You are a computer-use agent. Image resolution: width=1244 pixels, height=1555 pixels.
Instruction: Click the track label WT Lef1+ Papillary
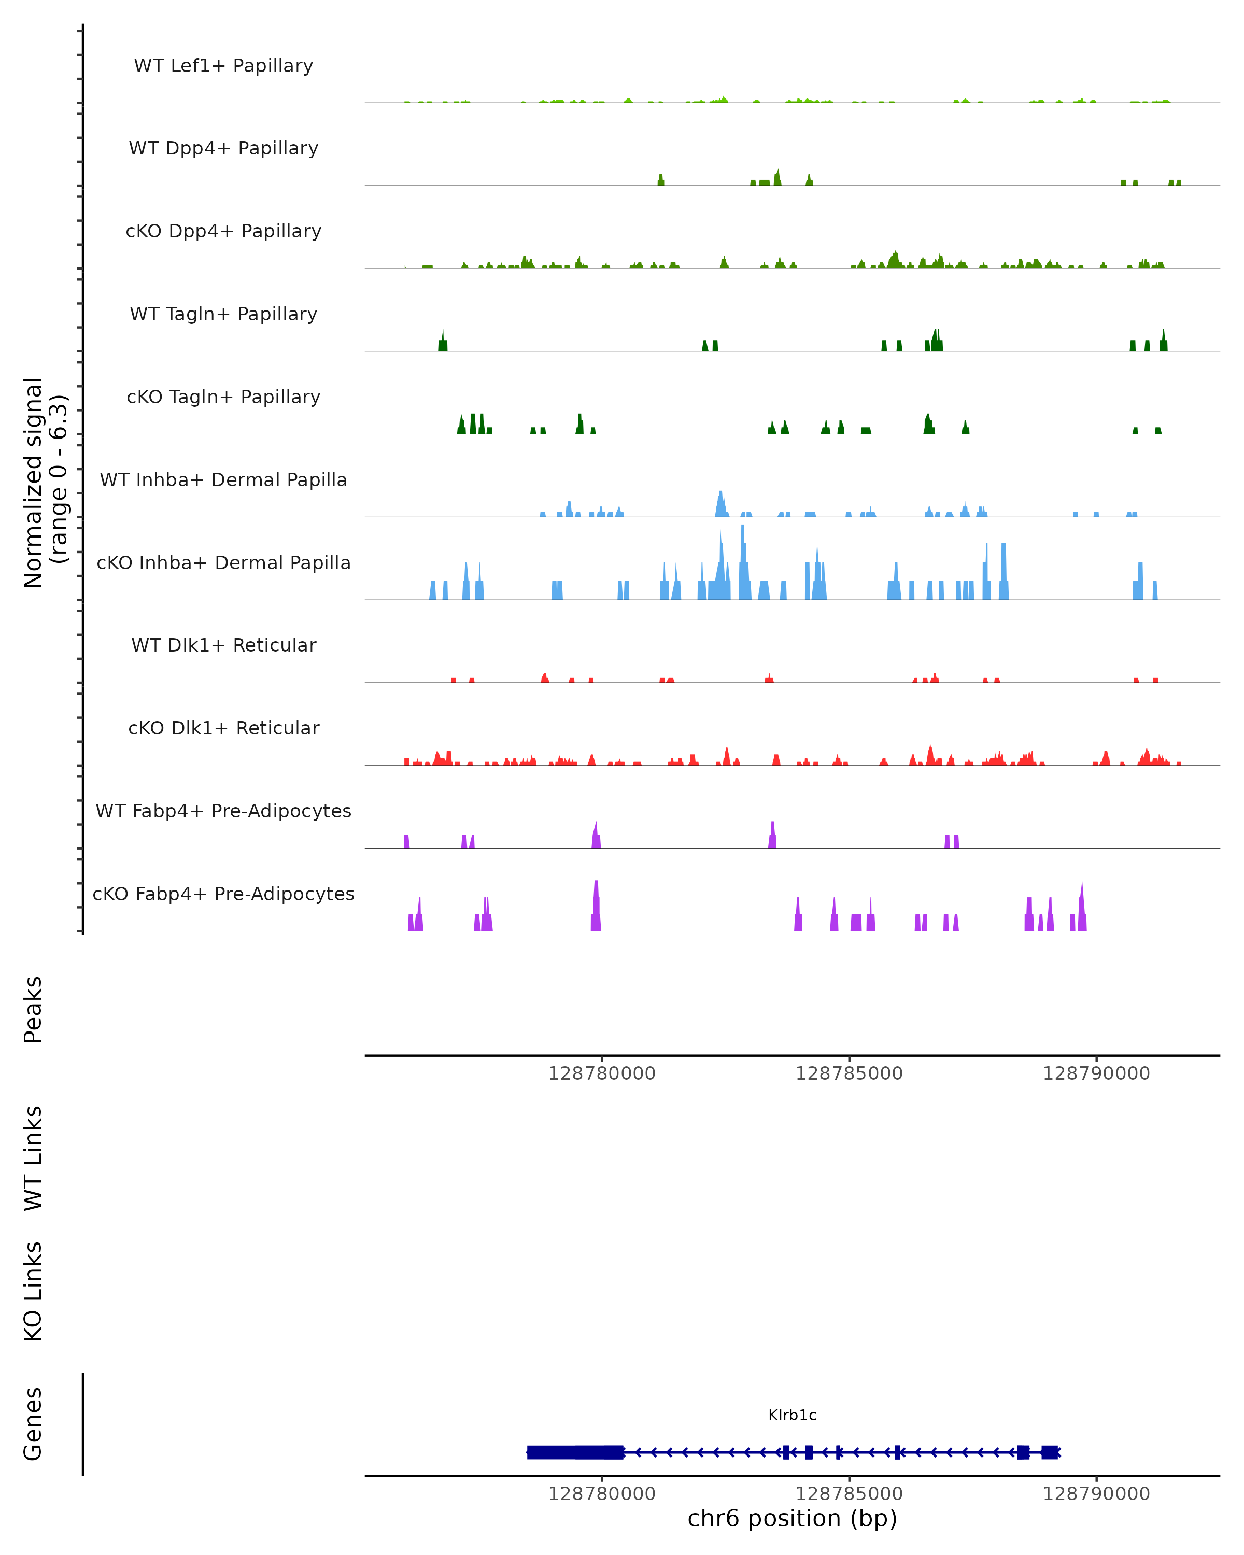[223, 66]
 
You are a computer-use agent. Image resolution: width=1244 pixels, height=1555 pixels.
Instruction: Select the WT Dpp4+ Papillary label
[223, 149]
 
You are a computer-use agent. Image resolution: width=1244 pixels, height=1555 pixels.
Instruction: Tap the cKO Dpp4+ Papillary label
[223, 232]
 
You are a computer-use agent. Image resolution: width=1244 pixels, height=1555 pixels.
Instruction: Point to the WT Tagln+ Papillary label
[223, 315]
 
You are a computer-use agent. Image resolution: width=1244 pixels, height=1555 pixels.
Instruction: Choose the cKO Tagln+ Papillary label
[223, 398]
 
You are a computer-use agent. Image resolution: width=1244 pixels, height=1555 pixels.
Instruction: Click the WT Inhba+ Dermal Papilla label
[223, 480]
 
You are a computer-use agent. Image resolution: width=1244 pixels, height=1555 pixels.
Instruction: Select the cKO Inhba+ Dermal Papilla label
[223, 563]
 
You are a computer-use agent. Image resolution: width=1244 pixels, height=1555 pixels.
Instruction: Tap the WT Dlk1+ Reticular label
[223, 645]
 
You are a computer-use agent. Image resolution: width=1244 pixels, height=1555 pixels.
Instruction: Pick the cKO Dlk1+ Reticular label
[223, 728]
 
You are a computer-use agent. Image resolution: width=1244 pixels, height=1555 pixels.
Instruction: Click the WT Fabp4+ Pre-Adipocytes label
[223, 811]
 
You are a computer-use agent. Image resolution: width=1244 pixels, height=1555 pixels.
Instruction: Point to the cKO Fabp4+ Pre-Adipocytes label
[223, 894]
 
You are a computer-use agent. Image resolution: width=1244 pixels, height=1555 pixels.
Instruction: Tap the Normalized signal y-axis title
[45, 483]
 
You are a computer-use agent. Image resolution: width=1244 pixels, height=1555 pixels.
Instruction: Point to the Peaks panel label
[33, 1009]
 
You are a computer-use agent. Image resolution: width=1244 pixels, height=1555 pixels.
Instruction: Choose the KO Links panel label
[33, 1291]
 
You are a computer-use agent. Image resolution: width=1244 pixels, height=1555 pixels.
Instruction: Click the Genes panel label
[33, 1424]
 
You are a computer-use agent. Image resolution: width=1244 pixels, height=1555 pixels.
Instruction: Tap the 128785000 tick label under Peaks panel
[849, 1073]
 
